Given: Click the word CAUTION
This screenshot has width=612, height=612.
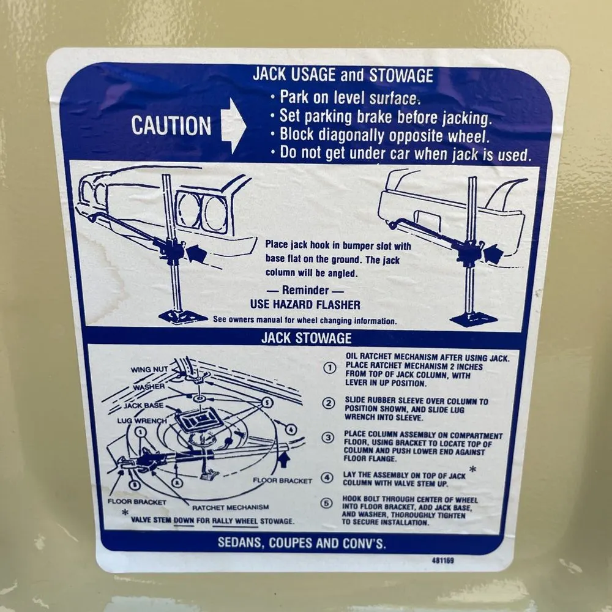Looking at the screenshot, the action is click(171, 125).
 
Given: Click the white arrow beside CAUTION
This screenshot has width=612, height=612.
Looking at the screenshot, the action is click(233, 125).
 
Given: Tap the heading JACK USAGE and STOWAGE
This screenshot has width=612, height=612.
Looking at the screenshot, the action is click(343, 75).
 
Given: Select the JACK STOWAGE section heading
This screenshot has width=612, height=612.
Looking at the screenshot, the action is click(307, 338).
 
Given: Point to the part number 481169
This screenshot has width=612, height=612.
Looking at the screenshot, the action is click(442, 561).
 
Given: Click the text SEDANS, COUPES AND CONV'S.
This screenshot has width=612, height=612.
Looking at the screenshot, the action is click(302, 543).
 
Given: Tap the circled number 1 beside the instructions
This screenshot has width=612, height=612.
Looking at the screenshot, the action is click(330, 368).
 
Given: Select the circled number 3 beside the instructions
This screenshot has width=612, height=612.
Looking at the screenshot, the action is click(328, 438).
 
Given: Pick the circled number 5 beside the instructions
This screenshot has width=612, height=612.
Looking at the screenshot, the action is click(326, 504).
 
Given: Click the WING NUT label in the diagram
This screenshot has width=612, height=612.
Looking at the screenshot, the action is click(149, 369).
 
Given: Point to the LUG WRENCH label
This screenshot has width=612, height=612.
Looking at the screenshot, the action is click(142, 421).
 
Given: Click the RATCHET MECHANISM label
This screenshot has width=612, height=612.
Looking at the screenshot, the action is click(230, 507).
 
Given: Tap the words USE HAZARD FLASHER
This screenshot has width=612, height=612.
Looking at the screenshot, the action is click(305, 304).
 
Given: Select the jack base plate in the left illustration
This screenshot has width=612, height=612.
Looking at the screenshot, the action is click(182, 316).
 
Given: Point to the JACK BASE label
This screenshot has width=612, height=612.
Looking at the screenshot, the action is click(144, 406).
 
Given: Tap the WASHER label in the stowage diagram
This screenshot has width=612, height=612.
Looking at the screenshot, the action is click(149, 387).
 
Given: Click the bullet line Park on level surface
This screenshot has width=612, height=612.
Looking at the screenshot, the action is click(346, 97).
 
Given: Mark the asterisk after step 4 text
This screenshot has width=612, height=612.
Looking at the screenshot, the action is click(472, 469).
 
